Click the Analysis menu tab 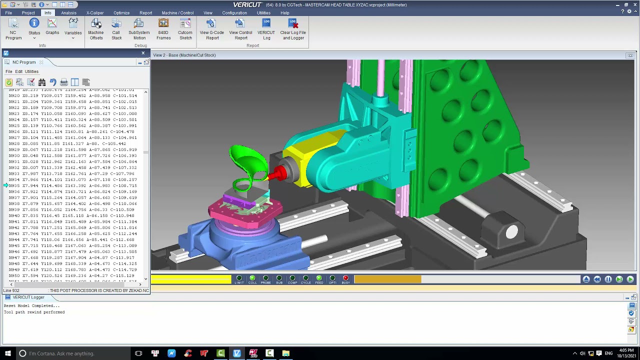pos(68,12)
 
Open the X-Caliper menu pos(95,12)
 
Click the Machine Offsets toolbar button pos(96,29)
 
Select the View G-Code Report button pos(211,29)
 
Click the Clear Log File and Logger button pos(293,29)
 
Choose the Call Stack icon pos(116,29)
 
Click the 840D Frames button pos(163,29)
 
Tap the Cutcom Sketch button pos(185,29)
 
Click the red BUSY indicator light pos(345,278)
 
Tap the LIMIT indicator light pos(239,278)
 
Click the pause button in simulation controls pos(608,279)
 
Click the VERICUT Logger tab pos(28,297)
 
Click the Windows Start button pos(7,353)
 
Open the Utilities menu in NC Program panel pos(31,71)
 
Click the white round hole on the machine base pos(511,232)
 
